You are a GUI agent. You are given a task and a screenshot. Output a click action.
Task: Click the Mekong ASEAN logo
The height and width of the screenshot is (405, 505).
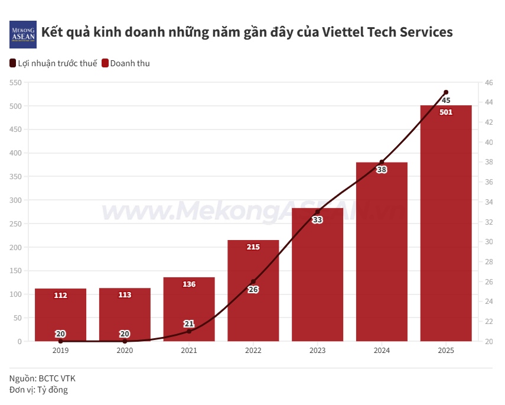point(23,34)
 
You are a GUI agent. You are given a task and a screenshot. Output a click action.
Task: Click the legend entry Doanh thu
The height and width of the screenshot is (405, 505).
point(126,63)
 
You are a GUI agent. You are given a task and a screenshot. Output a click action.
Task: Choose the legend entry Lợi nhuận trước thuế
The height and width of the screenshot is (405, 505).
point(53,63)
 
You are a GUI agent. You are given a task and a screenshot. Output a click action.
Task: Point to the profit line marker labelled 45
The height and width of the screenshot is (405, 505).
point(446,92)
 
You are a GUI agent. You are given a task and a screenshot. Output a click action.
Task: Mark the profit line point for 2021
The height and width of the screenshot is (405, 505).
point(189,331)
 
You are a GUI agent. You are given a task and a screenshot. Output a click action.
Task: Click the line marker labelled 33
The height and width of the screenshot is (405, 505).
point(317,212)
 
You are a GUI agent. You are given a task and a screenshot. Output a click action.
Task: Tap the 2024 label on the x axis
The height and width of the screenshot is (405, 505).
point(382,351)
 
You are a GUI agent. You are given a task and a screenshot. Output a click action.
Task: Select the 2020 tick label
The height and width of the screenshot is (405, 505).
point(125,351)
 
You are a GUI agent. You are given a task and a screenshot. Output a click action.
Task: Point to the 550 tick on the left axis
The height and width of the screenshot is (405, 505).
point(15,83)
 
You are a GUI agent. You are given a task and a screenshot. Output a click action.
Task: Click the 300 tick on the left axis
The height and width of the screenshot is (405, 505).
point(15,200)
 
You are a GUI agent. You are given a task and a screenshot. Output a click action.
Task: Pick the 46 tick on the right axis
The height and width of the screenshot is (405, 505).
point(489,83)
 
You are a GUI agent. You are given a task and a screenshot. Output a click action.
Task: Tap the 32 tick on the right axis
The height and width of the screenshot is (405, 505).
point(489,222)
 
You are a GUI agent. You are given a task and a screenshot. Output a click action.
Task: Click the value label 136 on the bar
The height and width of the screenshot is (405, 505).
point(189,284)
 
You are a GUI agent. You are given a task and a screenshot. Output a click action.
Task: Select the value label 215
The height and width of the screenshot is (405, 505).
point(253,247)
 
